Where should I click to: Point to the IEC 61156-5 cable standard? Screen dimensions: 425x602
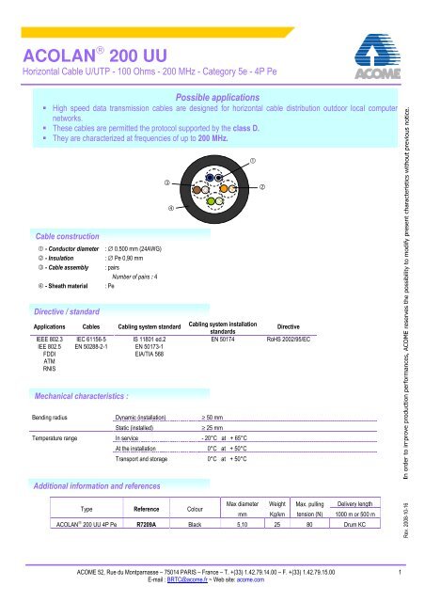click(x=91, y=337)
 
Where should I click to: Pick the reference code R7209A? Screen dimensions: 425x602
click(x=147, y=523)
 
